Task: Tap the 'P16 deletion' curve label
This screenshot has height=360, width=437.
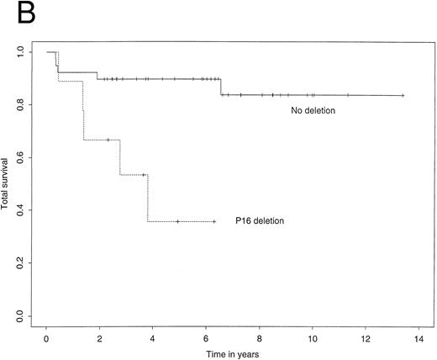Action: (x=260, y=221)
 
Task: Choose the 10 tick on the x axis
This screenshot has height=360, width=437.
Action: (x=313, y=336)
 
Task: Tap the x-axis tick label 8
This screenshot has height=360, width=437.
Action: (x=260, y=336)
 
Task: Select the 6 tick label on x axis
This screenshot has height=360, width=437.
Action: (x=207, y=336)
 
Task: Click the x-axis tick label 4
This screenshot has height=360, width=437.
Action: (x=153, y=336)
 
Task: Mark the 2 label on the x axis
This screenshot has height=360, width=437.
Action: (x=100, y=336)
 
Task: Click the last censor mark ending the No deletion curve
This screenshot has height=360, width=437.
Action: (x=403, y=96)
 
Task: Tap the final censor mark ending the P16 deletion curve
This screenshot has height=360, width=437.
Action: (x=213, y=221)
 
